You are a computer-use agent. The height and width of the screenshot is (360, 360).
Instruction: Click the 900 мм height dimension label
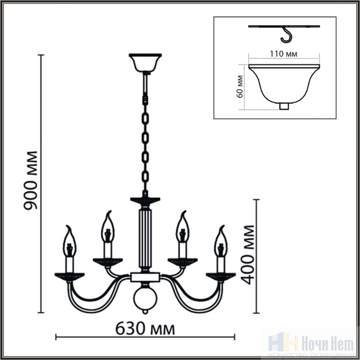click(x=30, y=180)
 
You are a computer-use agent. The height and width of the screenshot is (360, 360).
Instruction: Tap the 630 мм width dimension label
click(x=145, y=328)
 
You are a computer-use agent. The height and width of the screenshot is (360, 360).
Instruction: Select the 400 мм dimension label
click(x=248, y=255)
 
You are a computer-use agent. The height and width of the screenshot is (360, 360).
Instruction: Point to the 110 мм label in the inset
click(x=283, y=54)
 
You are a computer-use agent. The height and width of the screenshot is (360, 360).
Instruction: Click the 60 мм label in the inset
click(x=240, y=86)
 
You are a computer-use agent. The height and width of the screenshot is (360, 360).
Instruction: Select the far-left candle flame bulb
click(x=69, y=241)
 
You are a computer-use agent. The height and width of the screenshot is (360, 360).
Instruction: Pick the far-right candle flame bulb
click(x=221, y=241)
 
